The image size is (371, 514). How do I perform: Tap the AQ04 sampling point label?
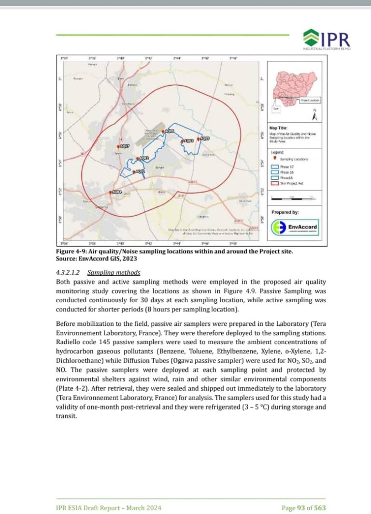click(117, 192)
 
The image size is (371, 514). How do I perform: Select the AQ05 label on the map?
click(205, 139)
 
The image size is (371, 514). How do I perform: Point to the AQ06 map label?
click(169, 132)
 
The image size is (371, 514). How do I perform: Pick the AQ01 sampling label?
click(141, 171)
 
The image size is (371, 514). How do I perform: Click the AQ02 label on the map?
click(144, 158)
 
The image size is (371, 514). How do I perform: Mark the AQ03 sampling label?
click(189, 141)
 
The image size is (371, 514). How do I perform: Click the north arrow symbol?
click(314, 116)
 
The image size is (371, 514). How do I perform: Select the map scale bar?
click(295, 197)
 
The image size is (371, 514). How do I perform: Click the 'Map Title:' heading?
click(279, 127)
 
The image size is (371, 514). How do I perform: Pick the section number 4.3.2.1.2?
click(70, 272)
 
